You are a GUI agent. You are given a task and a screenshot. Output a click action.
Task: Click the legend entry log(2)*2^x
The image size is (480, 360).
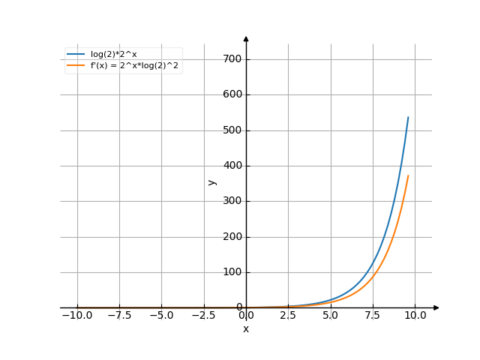(x=113, y=54)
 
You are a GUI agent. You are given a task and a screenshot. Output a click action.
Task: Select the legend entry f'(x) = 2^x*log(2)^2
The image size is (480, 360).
(x=123, y=65)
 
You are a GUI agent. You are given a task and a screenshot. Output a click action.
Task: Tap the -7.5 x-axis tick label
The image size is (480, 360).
(x=118, y=316)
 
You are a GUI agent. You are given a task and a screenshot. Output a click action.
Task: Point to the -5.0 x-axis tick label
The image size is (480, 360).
(x=160, y=316)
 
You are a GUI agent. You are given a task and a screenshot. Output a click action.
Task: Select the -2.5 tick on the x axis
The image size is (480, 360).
(x=202, y=316)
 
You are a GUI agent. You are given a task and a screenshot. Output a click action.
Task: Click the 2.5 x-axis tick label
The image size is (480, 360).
(x=288, y=316)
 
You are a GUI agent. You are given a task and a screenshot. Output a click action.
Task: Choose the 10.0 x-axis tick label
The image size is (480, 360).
(x=415, y=316)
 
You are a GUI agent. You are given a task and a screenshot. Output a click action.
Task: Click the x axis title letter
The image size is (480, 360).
(x=245, y=329)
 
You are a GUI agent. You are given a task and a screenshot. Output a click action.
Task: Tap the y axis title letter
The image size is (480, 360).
(x=212, y=181)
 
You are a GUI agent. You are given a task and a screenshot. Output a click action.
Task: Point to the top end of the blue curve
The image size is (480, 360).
(x=408, y=117)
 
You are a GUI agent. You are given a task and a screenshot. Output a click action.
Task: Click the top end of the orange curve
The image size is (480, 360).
(x=408, y=175)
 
